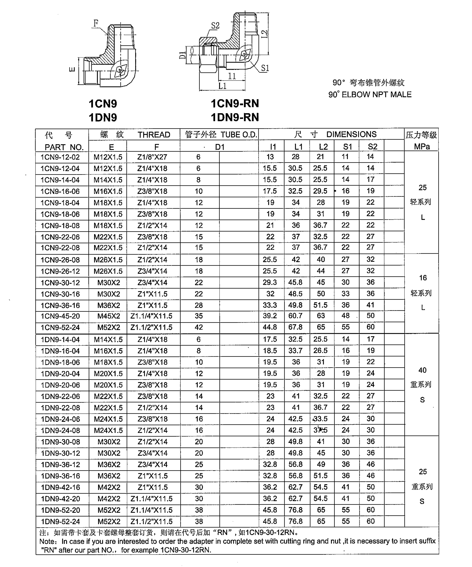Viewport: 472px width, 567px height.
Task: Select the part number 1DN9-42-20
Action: point(60,499)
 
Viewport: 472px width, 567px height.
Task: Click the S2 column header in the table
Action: point(372,147)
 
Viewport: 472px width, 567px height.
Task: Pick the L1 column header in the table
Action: point(298,147)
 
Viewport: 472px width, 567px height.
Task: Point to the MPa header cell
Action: point(422,147)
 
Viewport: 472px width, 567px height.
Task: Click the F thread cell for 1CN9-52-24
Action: point(151,327)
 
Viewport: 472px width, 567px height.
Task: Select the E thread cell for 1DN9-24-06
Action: point(108,419)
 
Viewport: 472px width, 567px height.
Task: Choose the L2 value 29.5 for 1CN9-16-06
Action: point(320,191)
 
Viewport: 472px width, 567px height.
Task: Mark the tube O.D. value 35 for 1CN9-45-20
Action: point(199,316)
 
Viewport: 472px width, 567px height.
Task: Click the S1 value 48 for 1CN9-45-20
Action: point(345,316)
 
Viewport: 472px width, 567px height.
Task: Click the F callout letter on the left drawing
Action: point(96,24)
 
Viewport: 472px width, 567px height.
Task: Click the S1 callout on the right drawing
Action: point(265,68)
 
